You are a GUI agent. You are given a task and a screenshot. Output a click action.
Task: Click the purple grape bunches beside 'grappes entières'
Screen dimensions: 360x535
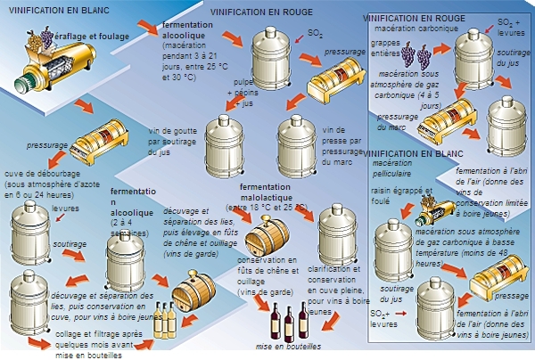(x=416, y=54)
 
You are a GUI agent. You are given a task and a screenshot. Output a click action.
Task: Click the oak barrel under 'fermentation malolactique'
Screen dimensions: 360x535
(x=267, y=234)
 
